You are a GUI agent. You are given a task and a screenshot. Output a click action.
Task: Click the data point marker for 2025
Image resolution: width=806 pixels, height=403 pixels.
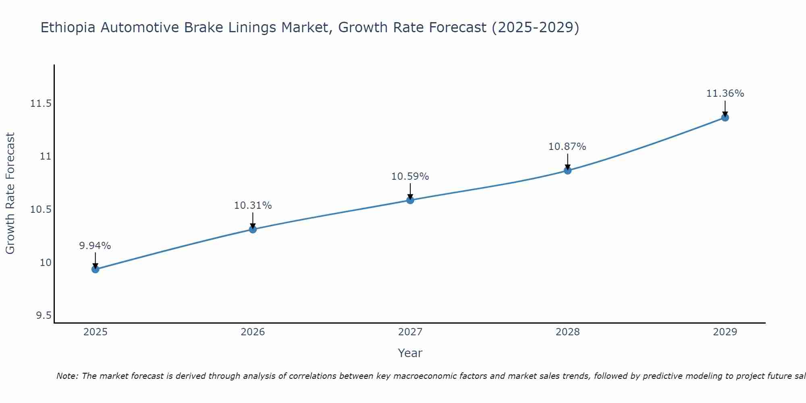click(96, 269)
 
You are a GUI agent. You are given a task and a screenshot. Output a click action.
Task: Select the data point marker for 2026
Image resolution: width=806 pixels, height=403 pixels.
click(253, 229)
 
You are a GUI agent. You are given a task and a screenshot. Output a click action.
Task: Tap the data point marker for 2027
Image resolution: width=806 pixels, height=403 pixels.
click(410, 200)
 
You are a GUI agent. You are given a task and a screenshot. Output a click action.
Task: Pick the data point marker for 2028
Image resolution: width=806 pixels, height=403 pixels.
click(567, 170)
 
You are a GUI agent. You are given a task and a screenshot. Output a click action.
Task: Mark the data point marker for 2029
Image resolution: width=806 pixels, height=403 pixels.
click(725, 118)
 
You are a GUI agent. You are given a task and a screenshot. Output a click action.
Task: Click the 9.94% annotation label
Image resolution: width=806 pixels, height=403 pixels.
click(95, 246)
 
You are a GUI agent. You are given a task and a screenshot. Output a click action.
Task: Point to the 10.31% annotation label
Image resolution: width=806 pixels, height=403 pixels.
click(253, 206)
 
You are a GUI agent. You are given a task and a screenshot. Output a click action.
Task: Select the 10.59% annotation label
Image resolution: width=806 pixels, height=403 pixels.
click(410, 177)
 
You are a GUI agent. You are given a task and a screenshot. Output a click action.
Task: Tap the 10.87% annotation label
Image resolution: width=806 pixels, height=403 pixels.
click(567, 147)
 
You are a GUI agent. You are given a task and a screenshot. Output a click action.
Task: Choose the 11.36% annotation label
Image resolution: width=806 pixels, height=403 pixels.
click(725, 93)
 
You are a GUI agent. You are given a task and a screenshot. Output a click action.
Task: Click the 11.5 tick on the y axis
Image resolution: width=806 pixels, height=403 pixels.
click(41, 104)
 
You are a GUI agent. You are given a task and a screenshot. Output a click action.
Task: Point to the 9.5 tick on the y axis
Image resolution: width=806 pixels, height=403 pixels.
click(44, 316)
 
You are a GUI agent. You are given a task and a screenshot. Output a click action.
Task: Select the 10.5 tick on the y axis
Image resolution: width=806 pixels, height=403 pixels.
click(41, 210)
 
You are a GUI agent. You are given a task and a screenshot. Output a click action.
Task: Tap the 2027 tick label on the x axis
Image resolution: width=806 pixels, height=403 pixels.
click(410, 332)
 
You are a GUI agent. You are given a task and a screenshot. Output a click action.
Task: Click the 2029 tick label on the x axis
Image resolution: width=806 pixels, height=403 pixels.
click(725, 332)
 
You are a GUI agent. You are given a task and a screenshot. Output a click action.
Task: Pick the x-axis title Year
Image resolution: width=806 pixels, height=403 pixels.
click(410, 353)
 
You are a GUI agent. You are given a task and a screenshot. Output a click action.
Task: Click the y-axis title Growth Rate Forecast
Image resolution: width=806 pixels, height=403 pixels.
click(10, 193)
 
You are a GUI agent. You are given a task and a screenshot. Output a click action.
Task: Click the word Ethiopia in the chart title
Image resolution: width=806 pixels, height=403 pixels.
click(68, 28)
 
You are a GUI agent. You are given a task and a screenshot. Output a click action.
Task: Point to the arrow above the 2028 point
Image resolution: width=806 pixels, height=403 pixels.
click(567, 161)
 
